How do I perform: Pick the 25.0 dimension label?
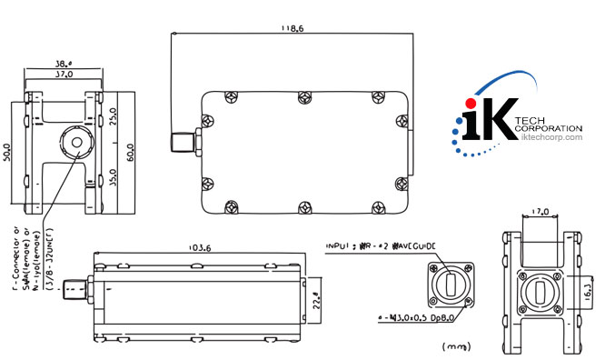[x=114, y=117]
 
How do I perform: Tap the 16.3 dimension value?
[x=588, y=289]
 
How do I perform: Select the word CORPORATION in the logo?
[x=548, y=129]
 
